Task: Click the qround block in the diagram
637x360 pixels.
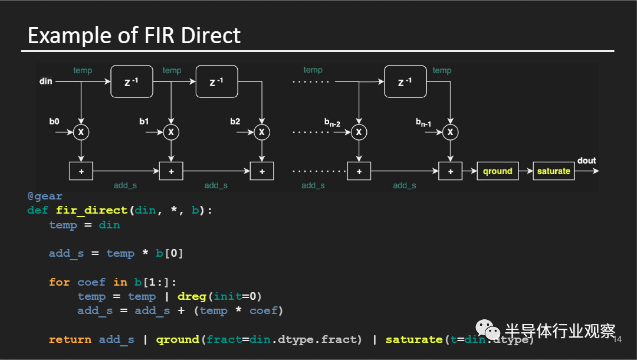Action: click(x=497, y=171)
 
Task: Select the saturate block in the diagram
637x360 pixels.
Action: click(x=553, y=171)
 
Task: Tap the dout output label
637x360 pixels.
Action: click(x=586, y=161)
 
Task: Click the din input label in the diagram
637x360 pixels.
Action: click(x=46, y=80)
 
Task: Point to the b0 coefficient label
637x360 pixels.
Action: click(x=54, y=122)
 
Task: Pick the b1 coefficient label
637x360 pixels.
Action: click(x=144, y=122)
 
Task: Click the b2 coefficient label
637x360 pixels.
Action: click(x=235, y=122)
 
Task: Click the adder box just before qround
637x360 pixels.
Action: click(x=451, y=171)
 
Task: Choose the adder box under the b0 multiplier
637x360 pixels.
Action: click(x=81, y=171)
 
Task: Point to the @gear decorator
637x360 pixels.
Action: click(x=45, y=196)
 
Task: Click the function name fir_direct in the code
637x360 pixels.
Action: click(x=91, y=210)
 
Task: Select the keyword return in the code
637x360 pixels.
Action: click(x=70, y=339)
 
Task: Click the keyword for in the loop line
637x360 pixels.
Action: click(x=59, y=282)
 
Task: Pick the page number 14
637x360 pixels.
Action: click(x=618, y=340)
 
